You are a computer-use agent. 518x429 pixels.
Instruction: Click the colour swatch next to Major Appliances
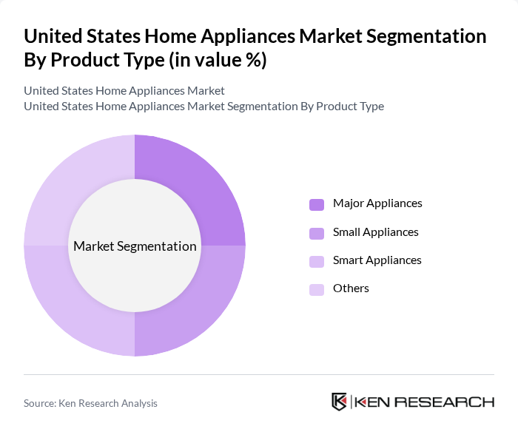point(317,204)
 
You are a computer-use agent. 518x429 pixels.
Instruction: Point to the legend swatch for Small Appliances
point(317,232)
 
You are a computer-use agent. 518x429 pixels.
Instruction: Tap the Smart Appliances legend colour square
point(317,260)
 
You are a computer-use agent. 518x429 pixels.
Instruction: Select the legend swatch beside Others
point(317,288)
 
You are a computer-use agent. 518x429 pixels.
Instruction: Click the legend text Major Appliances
point(377,203)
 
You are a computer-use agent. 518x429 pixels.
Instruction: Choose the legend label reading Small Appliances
point(376,232)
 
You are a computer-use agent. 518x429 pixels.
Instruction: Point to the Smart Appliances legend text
point(377,260)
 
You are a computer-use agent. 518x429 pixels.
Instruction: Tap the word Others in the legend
point(351,288)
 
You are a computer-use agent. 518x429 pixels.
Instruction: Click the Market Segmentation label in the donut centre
point(135,246)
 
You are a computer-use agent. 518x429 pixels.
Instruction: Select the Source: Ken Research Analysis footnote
point(90,403)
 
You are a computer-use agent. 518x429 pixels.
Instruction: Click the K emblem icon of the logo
point(340,402)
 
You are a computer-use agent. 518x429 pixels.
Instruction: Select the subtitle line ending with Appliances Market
point(124,91)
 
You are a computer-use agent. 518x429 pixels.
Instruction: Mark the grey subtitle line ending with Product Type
point(203,106)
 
